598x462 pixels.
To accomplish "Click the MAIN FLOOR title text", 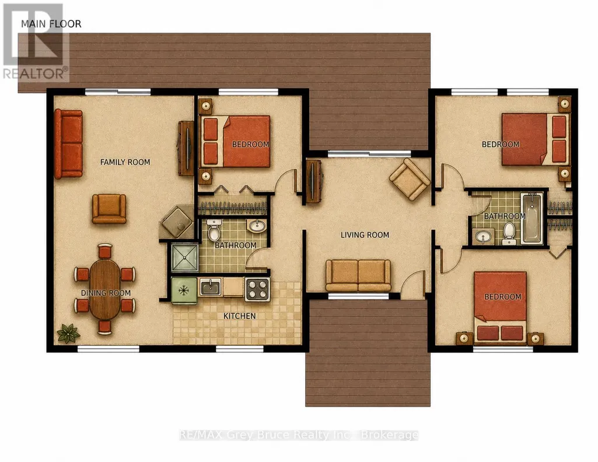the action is pyautogui.click(x=51, y=24).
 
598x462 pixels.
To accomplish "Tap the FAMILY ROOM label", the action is pyautogui.click(x=125, y=162).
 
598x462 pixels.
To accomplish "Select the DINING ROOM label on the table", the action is pyautogui.click(x=106, y=293).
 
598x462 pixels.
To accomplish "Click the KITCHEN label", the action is pyautogui.click(x=240, y=316).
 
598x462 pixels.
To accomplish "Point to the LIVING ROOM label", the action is pyautogui.click(x=365, y=235).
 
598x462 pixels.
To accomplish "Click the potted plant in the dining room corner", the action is pyautogui.click(x=68, y=333).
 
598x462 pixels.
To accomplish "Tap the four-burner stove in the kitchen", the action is pyautogui.click(x=257, y=289).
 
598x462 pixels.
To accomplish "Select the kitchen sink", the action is pyautogui.click(x=210, y=286).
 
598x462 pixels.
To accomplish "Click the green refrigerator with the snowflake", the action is pyautogui.click(x=184, y=290).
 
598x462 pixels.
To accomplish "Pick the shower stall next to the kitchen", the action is pyautogui.click(x=184, y=257).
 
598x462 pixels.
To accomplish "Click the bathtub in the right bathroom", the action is pyautogui.click(x=531, y=218).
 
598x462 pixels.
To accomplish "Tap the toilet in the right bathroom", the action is pyautogui.click(x=509, y=234).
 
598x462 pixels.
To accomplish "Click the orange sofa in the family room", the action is pyautogui.click(x=68, y=144).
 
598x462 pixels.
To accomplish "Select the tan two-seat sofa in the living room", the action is pyautogui.click(x=358, y=275).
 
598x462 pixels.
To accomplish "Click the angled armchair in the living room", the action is pyautogui.click(x=409, y=180).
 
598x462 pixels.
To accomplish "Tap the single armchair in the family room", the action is pyautogui.click(x=109, y=208).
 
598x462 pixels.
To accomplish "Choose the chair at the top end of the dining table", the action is pyautogui.click(x=104, y=251).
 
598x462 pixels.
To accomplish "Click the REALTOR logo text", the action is pyautogui.click(x=36, y=73).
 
